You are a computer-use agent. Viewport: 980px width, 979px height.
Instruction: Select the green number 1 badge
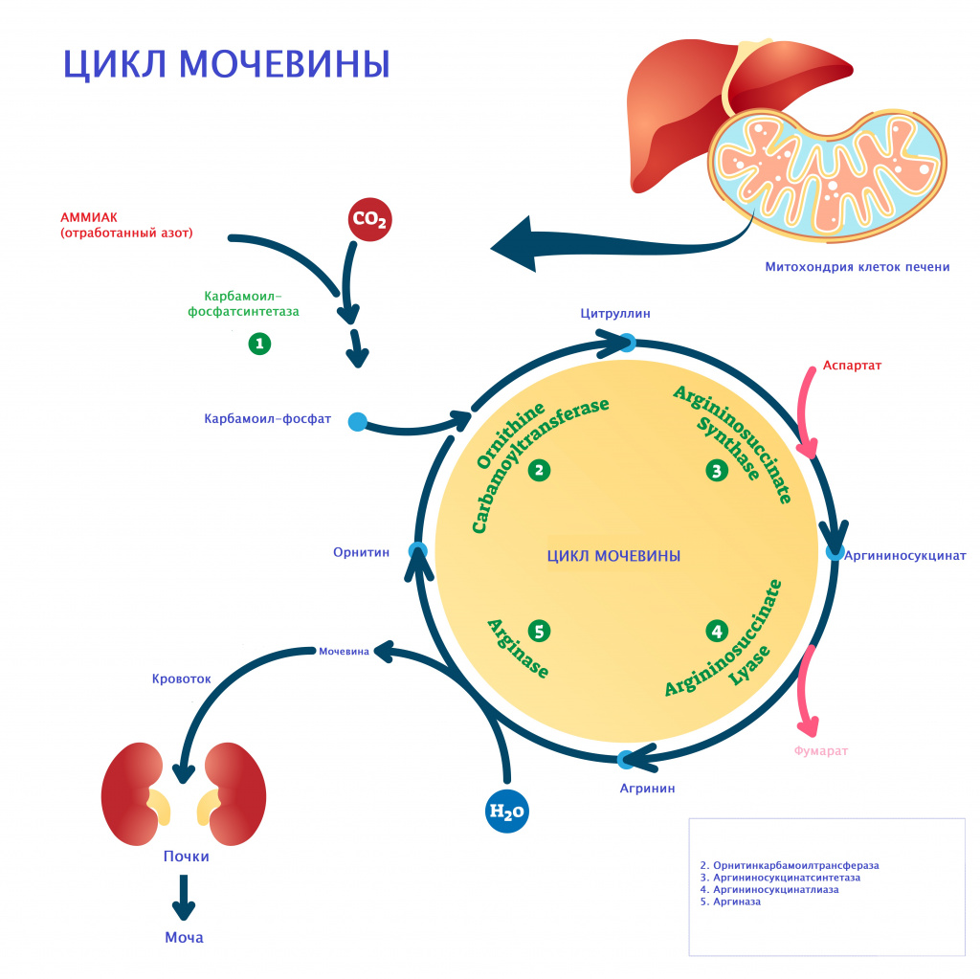click(259, 344)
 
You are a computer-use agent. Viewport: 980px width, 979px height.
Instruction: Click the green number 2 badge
click(540, 470)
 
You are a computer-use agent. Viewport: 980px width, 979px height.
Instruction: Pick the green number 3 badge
click(717, 470)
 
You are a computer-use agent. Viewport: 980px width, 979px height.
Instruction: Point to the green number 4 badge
click(717, 632)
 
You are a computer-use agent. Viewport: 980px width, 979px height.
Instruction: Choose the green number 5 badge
click(540, 632)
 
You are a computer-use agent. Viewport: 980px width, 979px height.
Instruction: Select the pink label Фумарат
click(821, 751)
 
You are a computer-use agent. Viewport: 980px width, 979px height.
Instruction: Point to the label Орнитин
click(361, 552)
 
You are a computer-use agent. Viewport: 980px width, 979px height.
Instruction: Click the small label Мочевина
click(344, 652)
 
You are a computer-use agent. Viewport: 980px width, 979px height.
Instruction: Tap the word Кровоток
click(181, 679)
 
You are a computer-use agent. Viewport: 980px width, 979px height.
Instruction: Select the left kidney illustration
click(132, 794)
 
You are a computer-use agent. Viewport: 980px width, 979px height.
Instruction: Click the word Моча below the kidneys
click(184, 938)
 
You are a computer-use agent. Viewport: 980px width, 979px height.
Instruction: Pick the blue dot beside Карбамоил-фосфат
click(358, 420)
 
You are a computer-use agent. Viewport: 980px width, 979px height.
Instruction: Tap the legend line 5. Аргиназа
click(731, 901)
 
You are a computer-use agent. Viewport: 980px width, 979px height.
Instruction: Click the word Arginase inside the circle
click(518, 648)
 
